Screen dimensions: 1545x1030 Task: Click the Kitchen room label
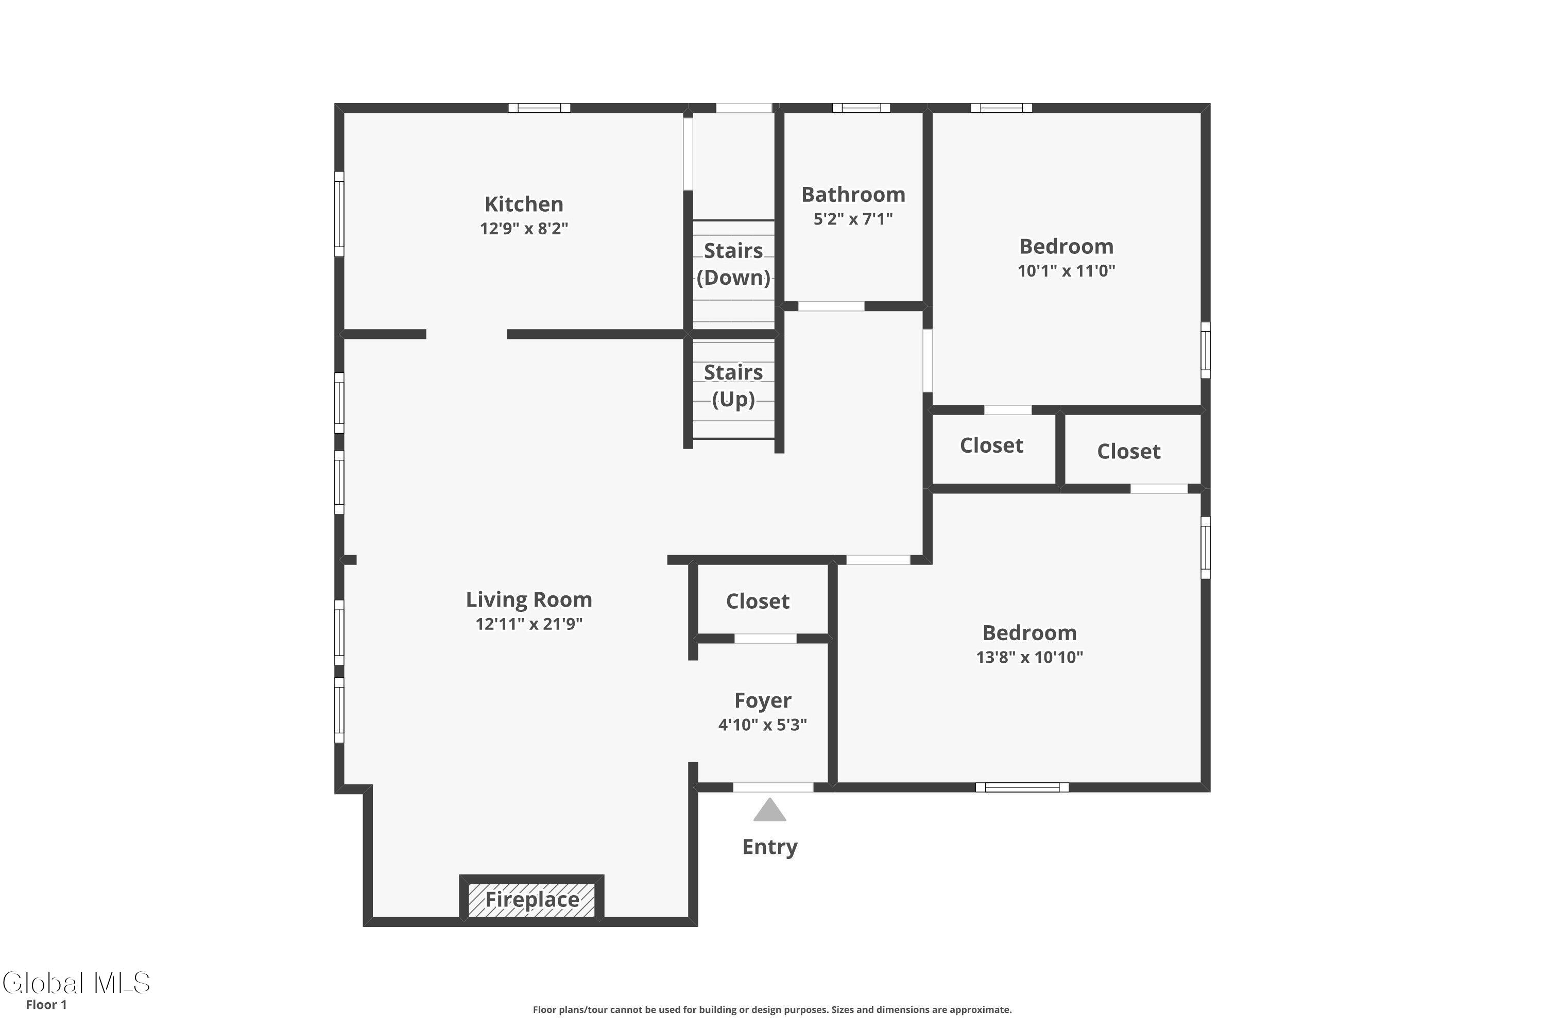(524, 204)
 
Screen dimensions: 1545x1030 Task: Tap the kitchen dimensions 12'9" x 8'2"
(524, 229)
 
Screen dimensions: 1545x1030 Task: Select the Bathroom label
(853, 195)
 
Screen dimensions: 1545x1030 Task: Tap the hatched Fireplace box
(531, 899)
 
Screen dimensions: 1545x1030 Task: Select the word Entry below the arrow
(769, 847)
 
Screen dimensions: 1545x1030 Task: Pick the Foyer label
(763, 700)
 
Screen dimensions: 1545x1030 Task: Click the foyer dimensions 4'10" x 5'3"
(763, 725)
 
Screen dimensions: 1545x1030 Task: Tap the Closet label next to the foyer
(758, 601)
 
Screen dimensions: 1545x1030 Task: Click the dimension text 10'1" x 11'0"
(1066, 271)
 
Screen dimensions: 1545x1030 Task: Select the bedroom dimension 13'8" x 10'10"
(1029, 657)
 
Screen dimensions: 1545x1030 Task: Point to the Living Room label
(529, 600)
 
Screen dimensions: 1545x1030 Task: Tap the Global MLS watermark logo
(76, 983)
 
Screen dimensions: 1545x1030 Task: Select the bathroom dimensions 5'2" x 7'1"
(853, 219)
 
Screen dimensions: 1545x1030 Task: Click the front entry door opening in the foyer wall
(772, 787)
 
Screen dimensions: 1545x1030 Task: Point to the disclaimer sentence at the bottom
(772, 1009)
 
